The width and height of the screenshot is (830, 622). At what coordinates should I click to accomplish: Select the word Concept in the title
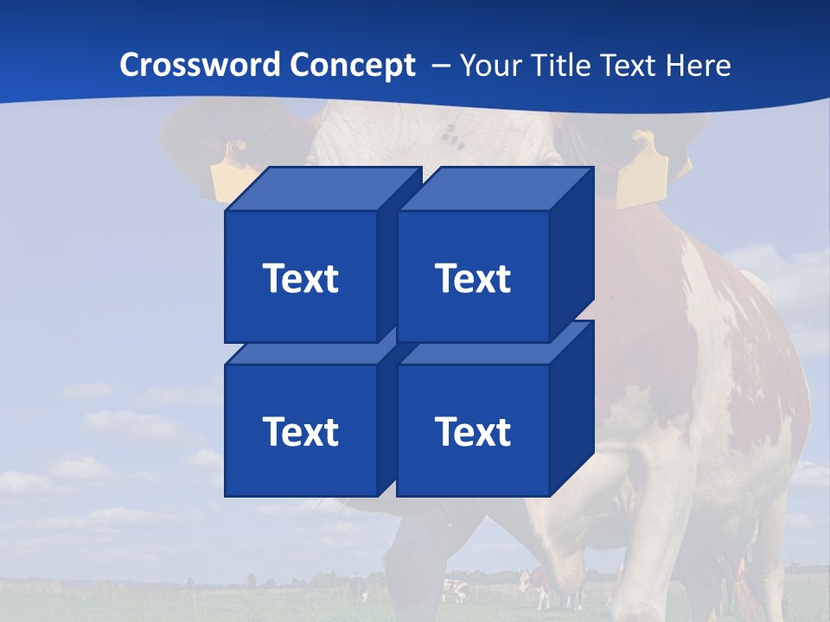[352, 65]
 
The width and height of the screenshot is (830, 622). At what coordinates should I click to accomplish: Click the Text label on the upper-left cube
[300, 278]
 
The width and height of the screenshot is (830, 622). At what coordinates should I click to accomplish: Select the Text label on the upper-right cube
[472, 278]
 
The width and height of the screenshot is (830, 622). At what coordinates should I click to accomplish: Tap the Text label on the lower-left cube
[300, 431]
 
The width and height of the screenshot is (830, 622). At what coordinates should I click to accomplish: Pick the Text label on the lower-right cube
[472, 431]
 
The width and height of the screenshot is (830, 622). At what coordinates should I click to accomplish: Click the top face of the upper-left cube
[322, 189]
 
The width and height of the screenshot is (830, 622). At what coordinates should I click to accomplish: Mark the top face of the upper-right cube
[495, 189]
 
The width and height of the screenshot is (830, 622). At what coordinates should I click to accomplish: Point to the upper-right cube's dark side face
[572, 251]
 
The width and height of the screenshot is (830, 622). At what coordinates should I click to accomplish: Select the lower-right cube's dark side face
[572, 406]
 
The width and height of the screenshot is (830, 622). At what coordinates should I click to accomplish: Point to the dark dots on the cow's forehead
[450, 134]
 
